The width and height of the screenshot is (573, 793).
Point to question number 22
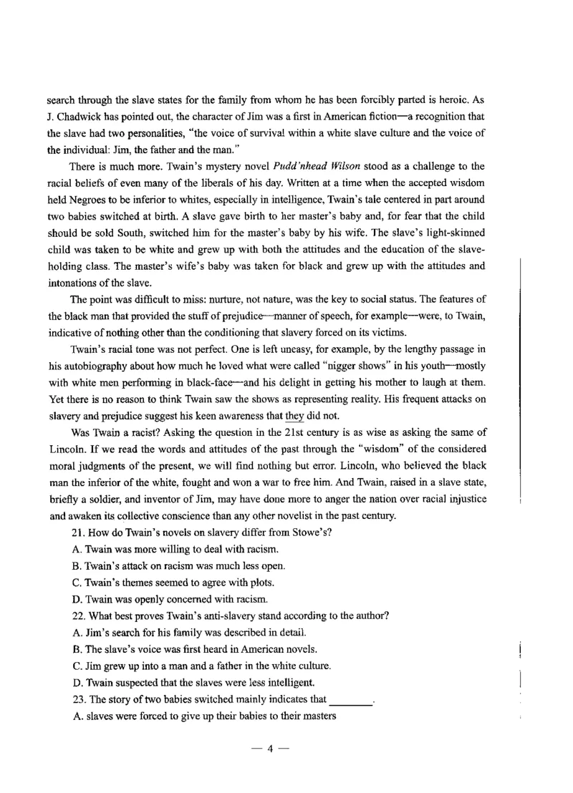pos(80,615)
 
